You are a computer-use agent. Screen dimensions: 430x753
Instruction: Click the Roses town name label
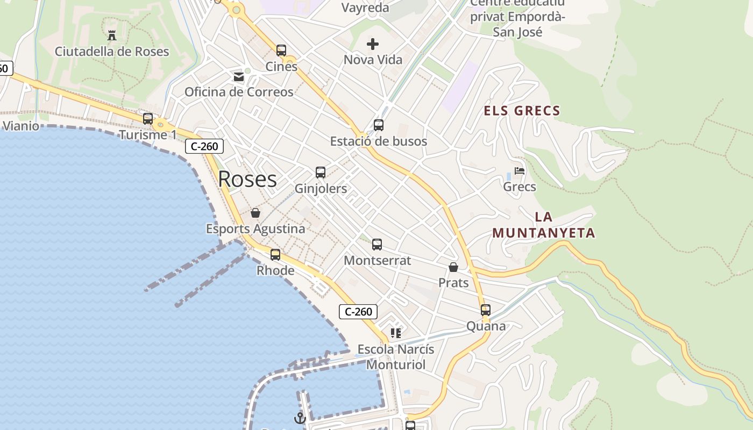pyautogui.click(x=247, y=179)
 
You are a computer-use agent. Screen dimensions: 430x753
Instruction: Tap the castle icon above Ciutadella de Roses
pyautogui.click(x=112, y=36)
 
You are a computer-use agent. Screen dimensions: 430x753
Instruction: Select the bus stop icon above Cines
pyautogui.click(x=281, y=51)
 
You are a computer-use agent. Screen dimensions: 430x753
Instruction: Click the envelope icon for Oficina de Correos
pyautogui.click(x=239, y=77)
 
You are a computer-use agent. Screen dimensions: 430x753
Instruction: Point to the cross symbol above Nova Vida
pyautogui.click(x=373, y=44)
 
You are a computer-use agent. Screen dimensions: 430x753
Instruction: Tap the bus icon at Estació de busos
pyautogui.click(x=379, y=125)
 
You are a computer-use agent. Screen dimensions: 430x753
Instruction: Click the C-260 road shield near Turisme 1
pyautogui.click(x=204, y=146)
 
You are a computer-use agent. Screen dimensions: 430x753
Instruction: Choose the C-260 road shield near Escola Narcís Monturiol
pyautogui.click(x=358, y=312)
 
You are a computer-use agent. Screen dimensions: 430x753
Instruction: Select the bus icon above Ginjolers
pyautogui.click(x=321, y=173)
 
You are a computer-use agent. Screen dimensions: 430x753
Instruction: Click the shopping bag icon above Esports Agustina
pyautogui.click(x=255, y=213)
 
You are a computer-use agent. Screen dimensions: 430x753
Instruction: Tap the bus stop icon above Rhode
pyautogui.click(x=275, y=255)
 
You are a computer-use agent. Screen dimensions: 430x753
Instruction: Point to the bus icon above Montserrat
pyautogui.click(x=377, y=245)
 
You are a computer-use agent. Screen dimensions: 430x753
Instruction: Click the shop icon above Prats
pyautogui.click(x=453, y=267)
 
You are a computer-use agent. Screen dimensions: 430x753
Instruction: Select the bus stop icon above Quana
pyautogui.click(x=486, y=310)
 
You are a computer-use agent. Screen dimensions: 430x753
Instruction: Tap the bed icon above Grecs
pyautogui.click(x=520, y=171)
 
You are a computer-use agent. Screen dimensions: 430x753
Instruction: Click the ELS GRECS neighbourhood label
pyautogui.click(x=522, y=111)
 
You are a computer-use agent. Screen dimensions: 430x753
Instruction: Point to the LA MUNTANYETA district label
pyautogui.click(x=544, y=225)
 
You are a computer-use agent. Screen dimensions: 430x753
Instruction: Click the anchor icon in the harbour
pyautogui.click(x=300, y=418)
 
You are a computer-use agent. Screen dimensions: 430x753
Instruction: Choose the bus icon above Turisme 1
pyautogui.click(x=148, y=119)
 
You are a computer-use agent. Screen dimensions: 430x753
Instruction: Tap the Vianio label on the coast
pyautogui.click(x=21, y=126)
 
